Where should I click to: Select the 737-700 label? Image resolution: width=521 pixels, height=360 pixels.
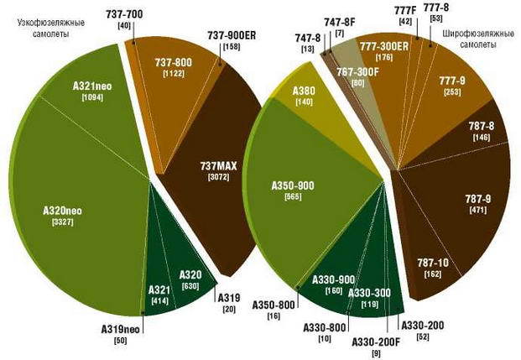tap(125, 16)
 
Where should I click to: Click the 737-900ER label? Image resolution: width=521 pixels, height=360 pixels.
tap(231, 37)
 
